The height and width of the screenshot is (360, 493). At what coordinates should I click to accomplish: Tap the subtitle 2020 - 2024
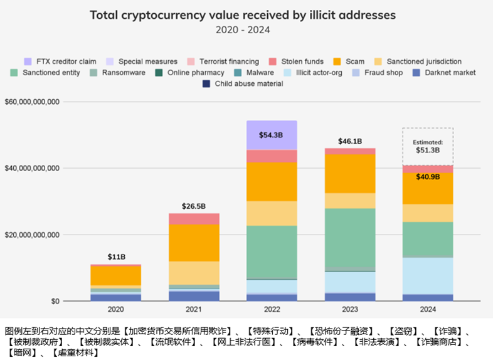pyautogui.click(x=243, y=29)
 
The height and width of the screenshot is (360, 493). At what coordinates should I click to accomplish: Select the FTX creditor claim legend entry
pyautogui.click(x=63, y=61)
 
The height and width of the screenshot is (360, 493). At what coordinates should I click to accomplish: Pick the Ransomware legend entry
pyautogui.click(x=119, y=73)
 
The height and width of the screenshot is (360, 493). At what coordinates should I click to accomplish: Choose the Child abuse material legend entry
pyautogui.click(x=244, y=83)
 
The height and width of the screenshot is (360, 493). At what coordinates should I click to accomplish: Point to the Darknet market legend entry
pyautogui.click(x=445, y=73)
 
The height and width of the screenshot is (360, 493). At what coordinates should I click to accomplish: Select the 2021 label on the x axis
pyautogui.click(x=194, y=309)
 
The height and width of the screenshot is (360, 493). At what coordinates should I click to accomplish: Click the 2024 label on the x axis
pyautogui.click(x=428, y=309)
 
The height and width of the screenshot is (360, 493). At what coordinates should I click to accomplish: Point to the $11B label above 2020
pyautogui.click(x=116, y=257)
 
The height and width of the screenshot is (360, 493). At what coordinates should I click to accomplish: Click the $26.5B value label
pyautogui.click(x=194, y=206)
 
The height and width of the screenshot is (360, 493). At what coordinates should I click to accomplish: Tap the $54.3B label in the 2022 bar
pyautogui.click(x=272, y=135)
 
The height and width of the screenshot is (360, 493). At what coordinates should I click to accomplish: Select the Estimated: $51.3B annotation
pyautogui.click(x=428, y=147)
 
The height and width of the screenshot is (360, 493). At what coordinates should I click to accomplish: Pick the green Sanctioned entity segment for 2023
pyautogui.click(x=350, y=238)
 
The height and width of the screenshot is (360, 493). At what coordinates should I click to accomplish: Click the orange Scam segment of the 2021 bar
pyautogui.click(x=194, y=242)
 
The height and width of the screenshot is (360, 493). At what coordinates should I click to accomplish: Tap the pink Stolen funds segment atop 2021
pyautogui.click(x=194, y=218)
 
